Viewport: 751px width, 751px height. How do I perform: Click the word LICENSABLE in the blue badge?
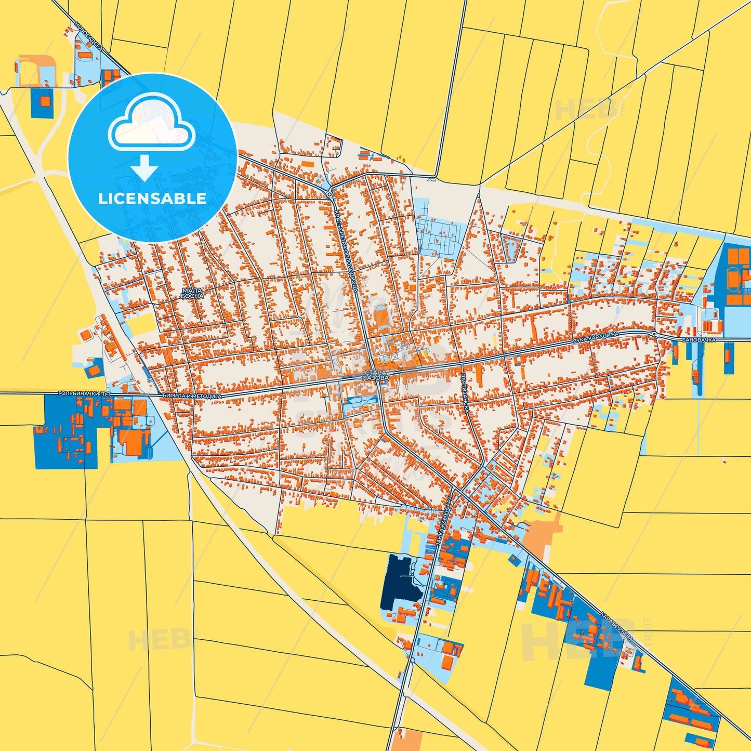[x=152, y=199]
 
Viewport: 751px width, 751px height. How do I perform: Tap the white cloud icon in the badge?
[x=151, y=127]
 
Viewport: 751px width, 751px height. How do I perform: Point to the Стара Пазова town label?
[x=376, y=376]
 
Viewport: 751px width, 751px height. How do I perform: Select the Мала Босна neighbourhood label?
[x=192, y=293]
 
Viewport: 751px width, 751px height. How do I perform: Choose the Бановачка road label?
[x=699, y=340]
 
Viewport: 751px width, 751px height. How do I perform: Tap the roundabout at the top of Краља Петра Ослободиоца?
[x=330, y=194]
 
